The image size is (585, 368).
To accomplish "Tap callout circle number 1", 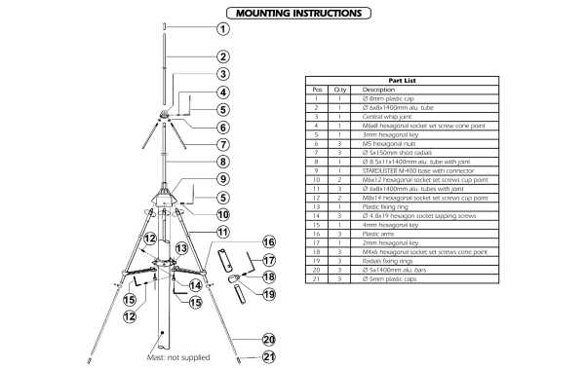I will [x=222, y=29].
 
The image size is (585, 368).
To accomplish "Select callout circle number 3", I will [x=222, y=73].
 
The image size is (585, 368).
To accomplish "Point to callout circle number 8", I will [x=222, y=163].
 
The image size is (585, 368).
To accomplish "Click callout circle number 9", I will [x=222, y=179].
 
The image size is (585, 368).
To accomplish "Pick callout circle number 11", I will [x=222, y=232].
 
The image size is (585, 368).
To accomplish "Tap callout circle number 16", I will [x=270, y=242].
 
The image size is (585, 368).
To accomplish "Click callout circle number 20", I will [x=270, y=340].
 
